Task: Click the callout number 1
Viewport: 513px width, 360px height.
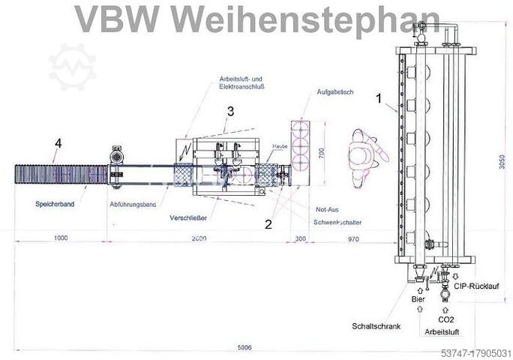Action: click(379, 98)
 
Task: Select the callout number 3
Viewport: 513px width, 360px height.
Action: click(231, 111)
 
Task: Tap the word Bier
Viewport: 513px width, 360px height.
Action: click(418, 300)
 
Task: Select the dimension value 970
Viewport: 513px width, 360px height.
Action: click(346, 238)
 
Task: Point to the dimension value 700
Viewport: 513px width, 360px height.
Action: click(322, 153)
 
